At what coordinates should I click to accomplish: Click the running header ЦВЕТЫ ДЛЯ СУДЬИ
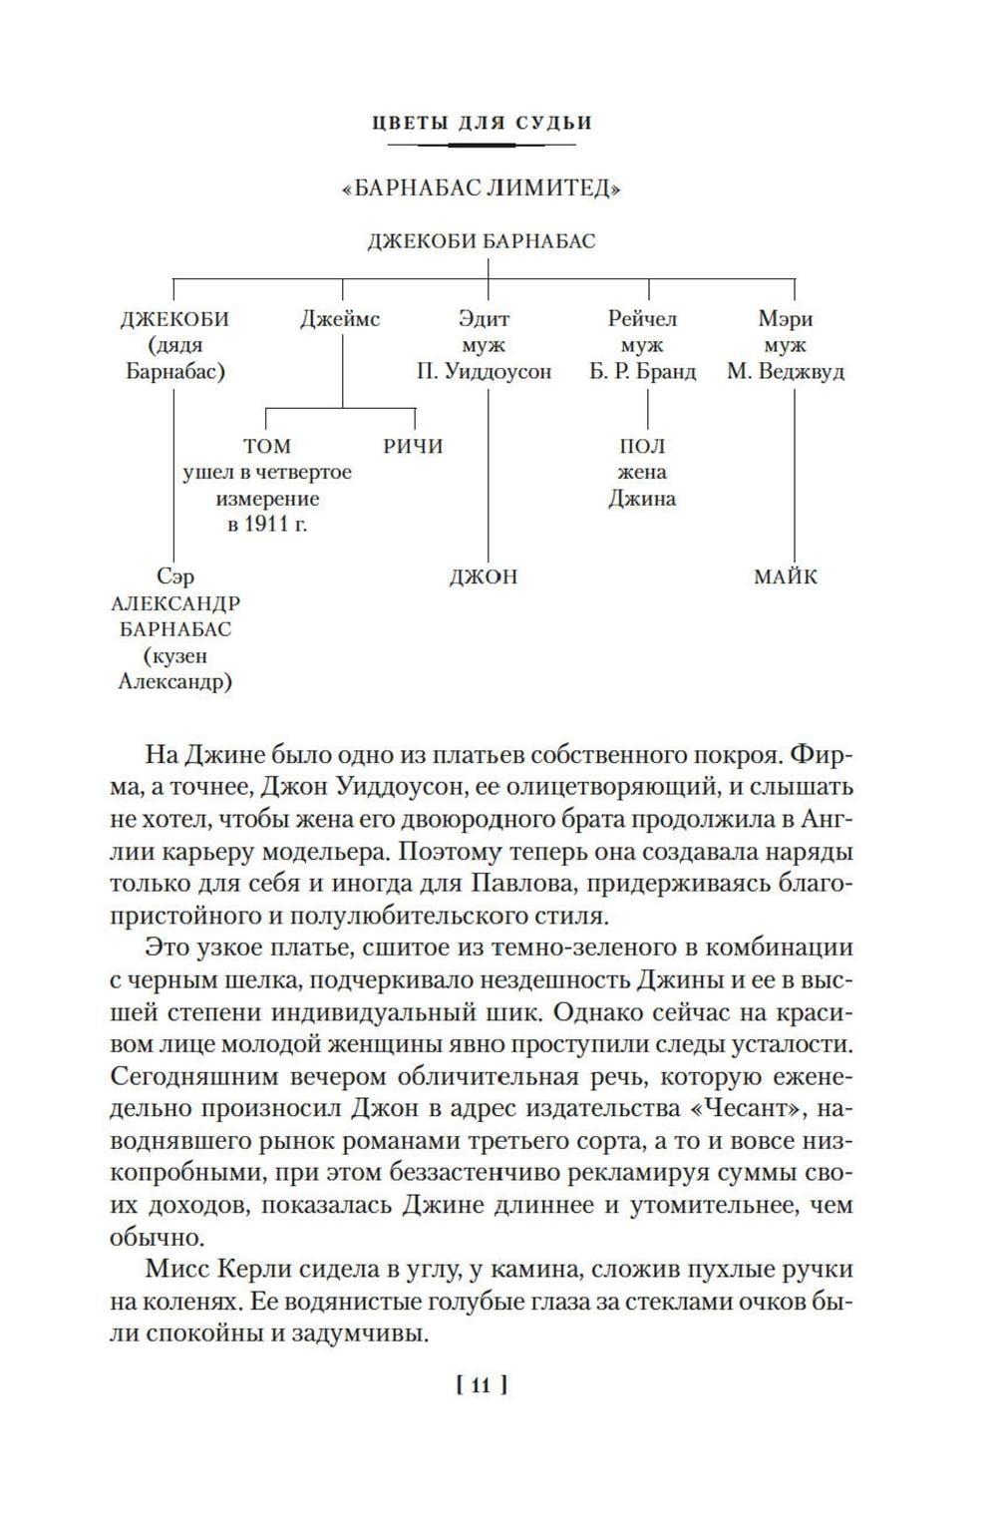pos(482,123)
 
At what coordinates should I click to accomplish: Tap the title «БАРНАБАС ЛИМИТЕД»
pos(482,189)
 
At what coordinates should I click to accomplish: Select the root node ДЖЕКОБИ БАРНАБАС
pos(482,241)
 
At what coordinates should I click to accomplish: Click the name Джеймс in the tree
pos(340,320)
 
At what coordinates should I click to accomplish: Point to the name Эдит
pos(484,320)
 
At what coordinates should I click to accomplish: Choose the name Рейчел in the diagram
pos(642,320)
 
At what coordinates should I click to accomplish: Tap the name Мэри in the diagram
pos(786,320)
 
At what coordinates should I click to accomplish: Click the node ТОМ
pos(267,446)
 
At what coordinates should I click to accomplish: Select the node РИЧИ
pos(413,446)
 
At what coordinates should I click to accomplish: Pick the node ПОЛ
pos(642,446)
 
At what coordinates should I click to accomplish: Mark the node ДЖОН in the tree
pos(484,576)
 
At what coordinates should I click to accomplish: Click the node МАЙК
pos(786,576)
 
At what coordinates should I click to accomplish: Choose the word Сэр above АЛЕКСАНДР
pos(175,576)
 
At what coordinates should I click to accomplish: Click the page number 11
pos(482,1384)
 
